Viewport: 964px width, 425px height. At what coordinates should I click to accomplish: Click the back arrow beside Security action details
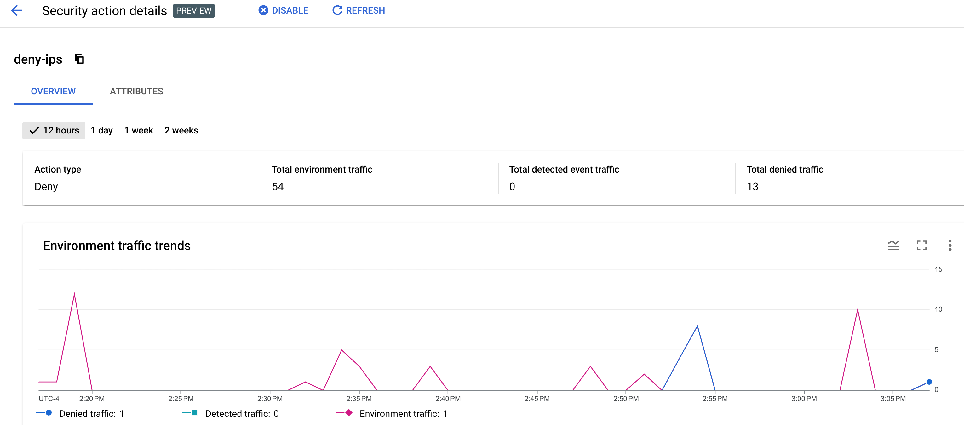click(x=17, y=10)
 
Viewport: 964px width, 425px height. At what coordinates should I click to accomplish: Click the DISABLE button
click(x=283, y=10)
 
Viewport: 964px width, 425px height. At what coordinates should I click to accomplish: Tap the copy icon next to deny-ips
click(x=79, y=59)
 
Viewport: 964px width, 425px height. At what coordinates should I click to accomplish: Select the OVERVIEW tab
click(x=53, y=91)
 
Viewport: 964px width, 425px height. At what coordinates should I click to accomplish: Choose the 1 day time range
click(x=101, y=131)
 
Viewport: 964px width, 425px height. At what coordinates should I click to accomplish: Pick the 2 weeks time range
click(x=181, y=131)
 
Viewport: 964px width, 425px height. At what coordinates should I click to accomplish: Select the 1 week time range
click(x=139, y=131)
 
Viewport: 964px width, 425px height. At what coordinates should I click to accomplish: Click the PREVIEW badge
click(x=193, y=11)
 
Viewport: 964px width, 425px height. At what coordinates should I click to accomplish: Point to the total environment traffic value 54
click(x=278, y=186)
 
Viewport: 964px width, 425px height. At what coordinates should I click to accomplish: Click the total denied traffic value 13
click(x=752, y=186)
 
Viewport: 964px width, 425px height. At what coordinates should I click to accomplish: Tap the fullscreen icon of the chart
click(x=921, y=246)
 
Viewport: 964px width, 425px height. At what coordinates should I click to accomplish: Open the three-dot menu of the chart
click(x=950, y=246)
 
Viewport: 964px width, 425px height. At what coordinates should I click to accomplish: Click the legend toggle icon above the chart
click(x=893, y=246)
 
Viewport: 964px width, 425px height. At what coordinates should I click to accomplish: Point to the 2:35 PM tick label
click(x=359, y=399)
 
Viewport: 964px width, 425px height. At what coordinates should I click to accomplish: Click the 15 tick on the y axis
click(x=938, y=269)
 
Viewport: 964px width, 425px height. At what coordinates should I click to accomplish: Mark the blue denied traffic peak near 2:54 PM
click(x=697, y=326)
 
